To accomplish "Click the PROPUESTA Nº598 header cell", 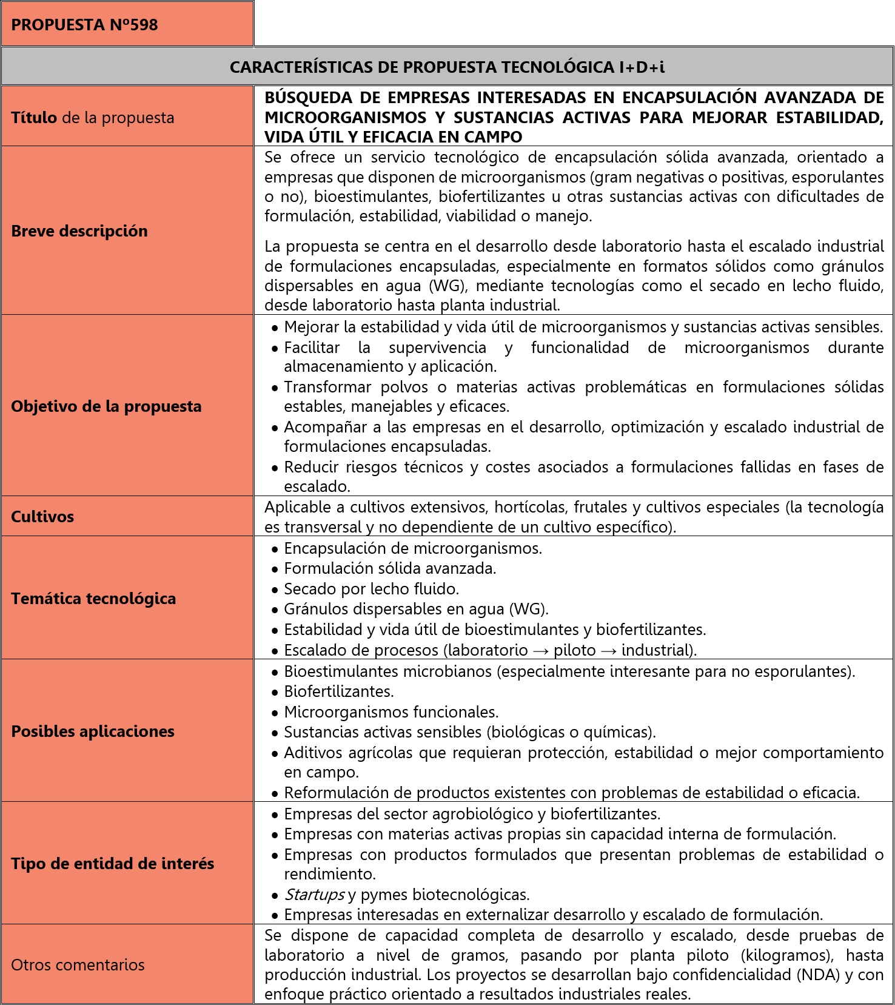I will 84,25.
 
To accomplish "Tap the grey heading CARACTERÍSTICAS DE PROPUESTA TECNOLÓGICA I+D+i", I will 447,67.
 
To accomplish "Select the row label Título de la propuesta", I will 92,118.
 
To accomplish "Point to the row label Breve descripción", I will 79,231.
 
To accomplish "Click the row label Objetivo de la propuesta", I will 106,406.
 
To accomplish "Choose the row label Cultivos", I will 42,517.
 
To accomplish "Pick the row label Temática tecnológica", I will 93,599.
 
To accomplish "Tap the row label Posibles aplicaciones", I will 93,731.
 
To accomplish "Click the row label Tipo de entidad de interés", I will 112,864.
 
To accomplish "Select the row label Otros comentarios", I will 78,965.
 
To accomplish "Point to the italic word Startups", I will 314,895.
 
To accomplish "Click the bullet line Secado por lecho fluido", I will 371,589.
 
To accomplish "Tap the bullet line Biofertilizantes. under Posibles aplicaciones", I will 339,691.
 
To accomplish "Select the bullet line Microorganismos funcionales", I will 391,712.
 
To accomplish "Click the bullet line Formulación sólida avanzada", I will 390,568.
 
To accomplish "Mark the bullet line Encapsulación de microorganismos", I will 413,548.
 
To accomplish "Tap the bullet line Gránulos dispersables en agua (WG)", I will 416,609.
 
